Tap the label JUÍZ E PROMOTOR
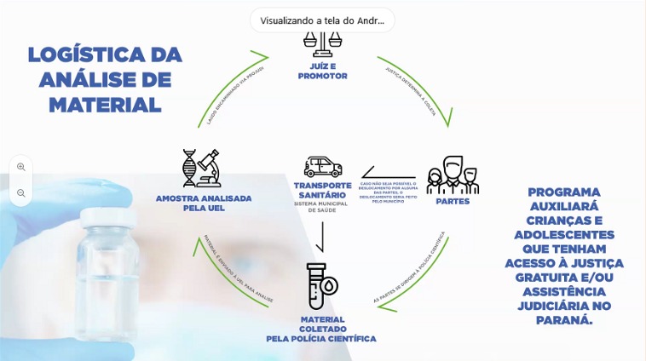(323, 70)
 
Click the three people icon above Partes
(453, 175)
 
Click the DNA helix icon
(189, 168)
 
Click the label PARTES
(453, 203)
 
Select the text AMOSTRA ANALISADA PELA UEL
(203, 203)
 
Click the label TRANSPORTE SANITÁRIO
(323, 191)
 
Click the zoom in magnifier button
(21, 167)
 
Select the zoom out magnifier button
(21, 193)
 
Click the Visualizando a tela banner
(322, 20)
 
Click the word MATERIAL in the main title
(105, 105)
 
